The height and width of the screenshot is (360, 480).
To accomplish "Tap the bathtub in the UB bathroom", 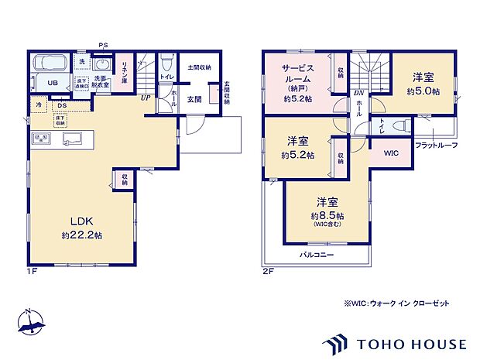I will coord(49,61).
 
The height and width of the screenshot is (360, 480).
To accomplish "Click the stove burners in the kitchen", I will coord(41,139).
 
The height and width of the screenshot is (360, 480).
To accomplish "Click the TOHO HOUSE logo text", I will coord(410,343).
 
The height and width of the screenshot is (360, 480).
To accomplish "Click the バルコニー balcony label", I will coord(317,254).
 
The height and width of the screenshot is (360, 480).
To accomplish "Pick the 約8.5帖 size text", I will coord(327,215).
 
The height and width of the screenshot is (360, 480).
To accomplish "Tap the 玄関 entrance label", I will coord(194,99).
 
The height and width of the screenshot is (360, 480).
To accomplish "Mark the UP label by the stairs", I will coord(146,98).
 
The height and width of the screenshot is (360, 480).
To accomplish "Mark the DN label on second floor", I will coord(358,93).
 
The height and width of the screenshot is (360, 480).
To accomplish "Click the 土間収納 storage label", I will coord(199,67).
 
